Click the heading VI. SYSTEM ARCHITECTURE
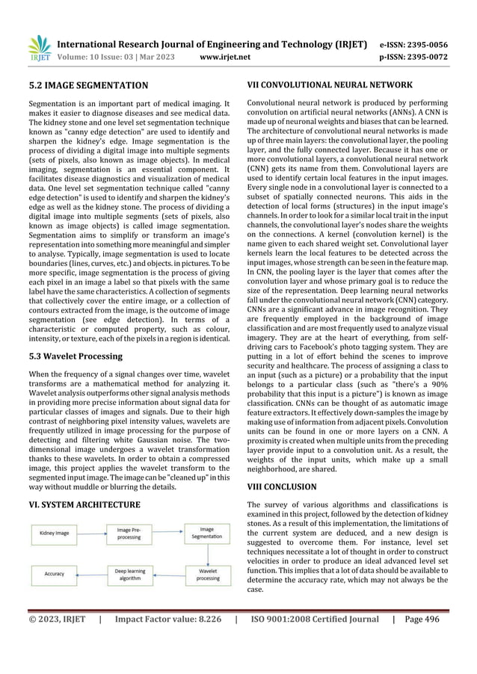coord(84,504)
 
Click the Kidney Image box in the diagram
coord(55,534)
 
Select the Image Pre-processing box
coord(128,534)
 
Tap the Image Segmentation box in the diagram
coord(207,534)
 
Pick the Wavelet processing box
coord(207,574)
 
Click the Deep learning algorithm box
coord(129,574)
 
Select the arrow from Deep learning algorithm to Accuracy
coord(91,574)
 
